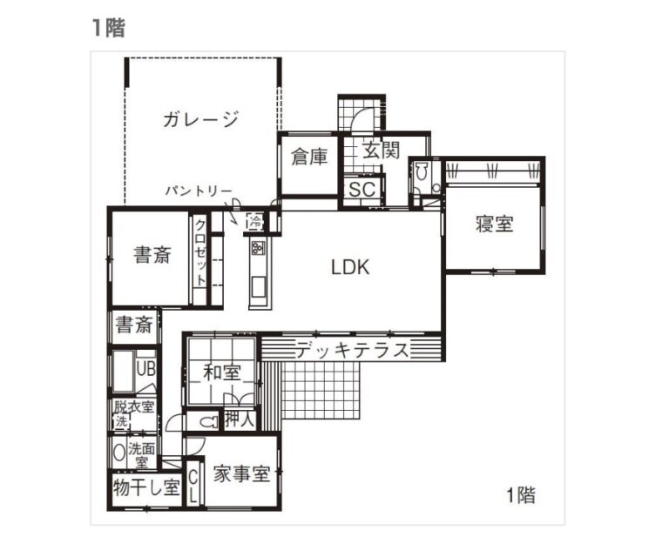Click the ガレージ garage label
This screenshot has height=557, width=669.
point(200,119)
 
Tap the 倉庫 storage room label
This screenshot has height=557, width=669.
point(309,157)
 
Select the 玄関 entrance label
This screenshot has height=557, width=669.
point(381,150)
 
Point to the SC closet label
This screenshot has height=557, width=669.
point(362,189)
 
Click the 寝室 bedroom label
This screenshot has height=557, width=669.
point(495,224)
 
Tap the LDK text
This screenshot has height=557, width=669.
point(350,267)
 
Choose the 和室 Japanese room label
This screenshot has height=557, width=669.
point(222,372)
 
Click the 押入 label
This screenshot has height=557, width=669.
point(240,419)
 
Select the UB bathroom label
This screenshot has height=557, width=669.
point(146,369)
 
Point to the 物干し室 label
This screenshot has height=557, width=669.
point(146,487)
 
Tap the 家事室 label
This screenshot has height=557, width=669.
point(242,473)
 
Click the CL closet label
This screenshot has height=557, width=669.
point(193,487)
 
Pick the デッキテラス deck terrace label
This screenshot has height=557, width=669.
point(353,351)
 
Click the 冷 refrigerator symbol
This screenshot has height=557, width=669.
point(255,222)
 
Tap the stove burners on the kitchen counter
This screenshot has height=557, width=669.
point(258,247)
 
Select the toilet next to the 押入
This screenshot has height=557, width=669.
point(207,422)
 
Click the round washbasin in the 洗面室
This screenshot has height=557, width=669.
point(118,452)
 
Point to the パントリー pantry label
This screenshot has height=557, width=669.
point(199,191)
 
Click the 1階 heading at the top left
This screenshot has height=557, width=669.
point(108,28)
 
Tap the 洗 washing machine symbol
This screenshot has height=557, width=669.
point(121,422)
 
